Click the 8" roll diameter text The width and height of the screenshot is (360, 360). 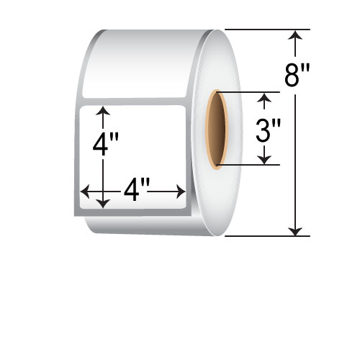coord(297,75)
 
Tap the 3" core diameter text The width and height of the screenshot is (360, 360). coord(269,130)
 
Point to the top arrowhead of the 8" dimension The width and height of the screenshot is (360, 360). coord(295,35)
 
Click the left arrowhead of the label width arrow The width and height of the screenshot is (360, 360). coord(85,192)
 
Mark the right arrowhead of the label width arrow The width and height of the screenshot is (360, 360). coord(181,192)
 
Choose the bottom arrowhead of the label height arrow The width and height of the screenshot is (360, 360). coord(104,203)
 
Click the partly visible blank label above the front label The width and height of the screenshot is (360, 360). coord(144,68)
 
